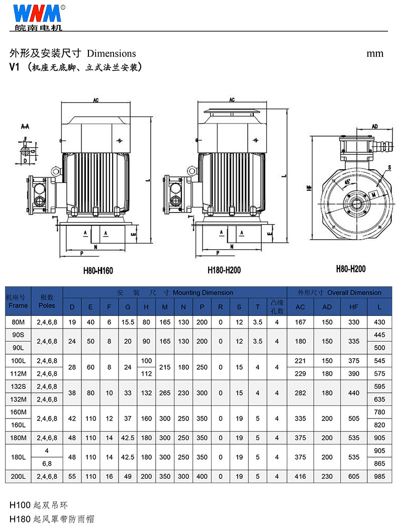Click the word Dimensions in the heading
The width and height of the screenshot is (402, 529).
(x=112, y=53)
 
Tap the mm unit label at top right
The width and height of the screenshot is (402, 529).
(x=375, y=54)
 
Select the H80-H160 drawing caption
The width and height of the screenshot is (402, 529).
(x=98, y=271)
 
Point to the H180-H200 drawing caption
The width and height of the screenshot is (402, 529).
(x=224, y=270)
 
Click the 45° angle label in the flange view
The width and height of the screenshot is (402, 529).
(x=347, y=182)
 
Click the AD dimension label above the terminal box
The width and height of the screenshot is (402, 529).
(x=375, y=126)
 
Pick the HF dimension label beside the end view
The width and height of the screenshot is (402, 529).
(x=309, y=187)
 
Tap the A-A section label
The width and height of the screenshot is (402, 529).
(x=25, y=126)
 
